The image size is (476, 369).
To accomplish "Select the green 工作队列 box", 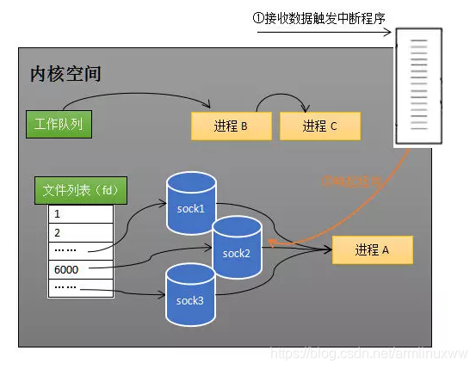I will (59, 124).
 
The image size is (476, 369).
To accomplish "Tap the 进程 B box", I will (231, 126).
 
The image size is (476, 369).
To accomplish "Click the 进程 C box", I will (319, 126).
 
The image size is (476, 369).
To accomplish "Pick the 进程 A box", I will (372, 250).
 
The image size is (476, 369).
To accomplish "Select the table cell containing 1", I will (80, 213).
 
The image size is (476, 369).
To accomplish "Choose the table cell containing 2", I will (80, 232).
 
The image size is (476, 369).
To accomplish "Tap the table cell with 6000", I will (80, 269).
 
